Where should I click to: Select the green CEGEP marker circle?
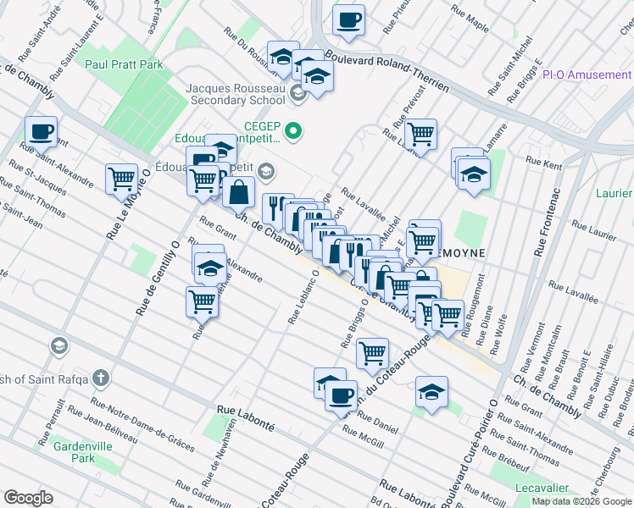[293, 131]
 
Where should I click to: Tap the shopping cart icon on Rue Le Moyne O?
[122, 178]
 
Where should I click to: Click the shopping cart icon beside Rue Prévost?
[420, 133]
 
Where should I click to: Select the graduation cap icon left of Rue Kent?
[473, 175]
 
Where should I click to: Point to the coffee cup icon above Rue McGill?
[341, 395]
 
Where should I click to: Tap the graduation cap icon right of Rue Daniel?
[431, 392]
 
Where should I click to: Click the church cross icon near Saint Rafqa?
[100, 377]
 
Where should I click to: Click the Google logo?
[28, 498]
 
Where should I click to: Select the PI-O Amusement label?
[587, 75]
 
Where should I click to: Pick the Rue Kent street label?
[543, 160]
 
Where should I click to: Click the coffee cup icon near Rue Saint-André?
[41, 131]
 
